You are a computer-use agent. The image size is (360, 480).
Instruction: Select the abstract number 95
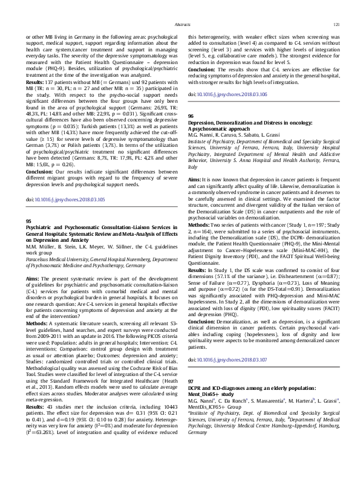tap(28, 222)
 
